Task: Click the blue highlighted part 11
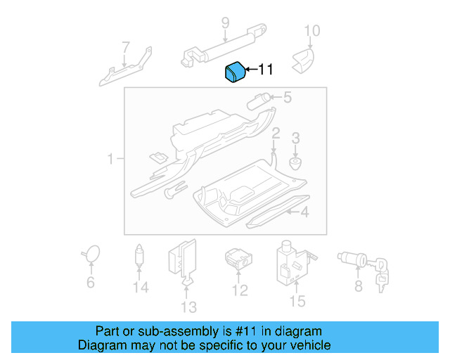pos(234,72)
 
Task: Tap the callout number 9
pos(225,23)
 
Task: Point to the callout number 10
pos(311,30)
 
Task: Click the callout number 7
pos(126,49)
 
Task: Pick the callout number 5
pos(287,98)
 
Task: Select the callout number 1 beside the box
pos(110,160)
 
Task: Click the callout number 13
pos(188,307)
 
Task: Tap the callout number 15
pos(297,302)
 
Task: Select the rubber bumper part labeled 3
pos(296,164)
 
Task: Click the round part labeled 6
pos(91,253)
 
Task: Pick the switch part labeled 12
pos(236,257)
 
